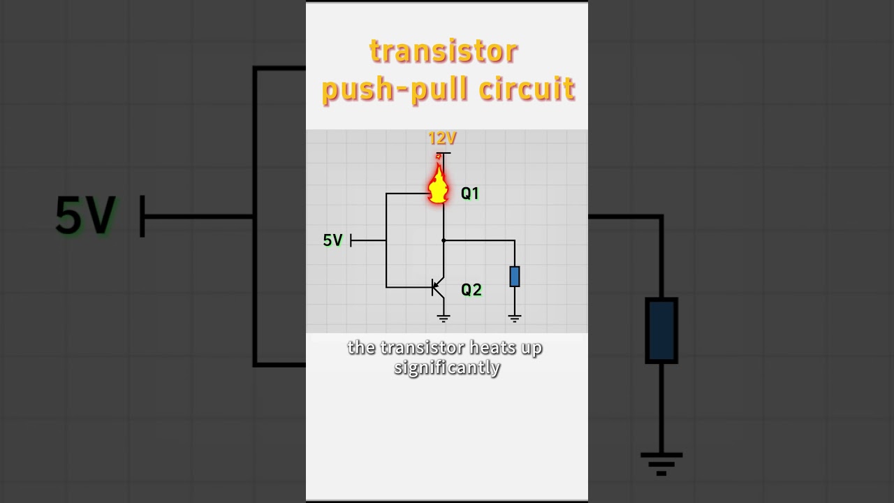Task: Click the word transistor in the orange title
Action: tap(444, 52)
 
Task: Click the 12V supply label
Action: tap(442, 138)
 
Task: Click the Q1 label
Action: tap(470, 194)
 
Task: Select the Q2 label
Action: tap(471, 290)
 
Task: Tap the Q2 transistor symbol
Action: tap(438, 287)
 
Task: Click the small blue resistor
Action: tap(515, 277)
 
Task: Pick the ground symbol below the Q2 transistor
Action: tap(444, 318)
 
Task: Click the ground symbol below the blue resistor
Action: tap(515, 318)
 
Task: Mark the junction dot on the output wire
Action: tap(444, 241)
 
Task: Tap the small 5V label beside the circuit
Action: tap(333, 240)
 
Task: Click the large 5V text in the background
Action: tap(85, 216)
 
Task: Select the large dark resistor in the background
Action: tap(661, 330)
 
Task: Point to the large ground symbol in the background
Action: tap(661, 464)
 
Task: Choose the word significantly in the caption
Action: tap(447, 368)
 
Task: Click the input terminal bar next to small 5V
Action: tap(351, 241)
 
